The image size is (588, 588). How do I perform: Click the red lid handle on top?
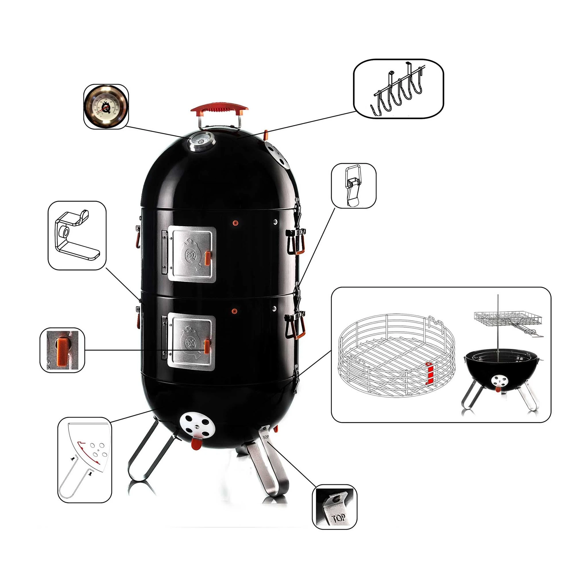(219, 108)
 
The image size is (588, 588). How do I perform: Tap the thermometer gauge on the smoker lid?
(201, 141)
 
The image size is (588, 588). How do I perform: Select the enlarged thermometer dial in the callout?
(106, 107)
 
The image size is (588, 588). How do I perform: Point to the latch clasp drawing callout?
(353, 186)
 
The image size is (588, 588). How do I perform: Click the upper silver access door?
(192, 254)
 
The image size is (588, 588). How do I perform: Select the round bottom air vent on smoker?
(197, 425)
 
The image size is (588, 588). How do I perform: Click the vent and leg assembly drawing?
(85, 461)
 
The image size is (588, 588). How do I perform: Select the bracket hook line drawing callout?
(77, 235)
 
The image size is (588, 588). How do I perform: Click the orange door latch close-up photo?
(62, 350)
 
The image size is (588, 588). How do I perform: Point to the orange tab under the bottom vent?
(196, 444)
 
